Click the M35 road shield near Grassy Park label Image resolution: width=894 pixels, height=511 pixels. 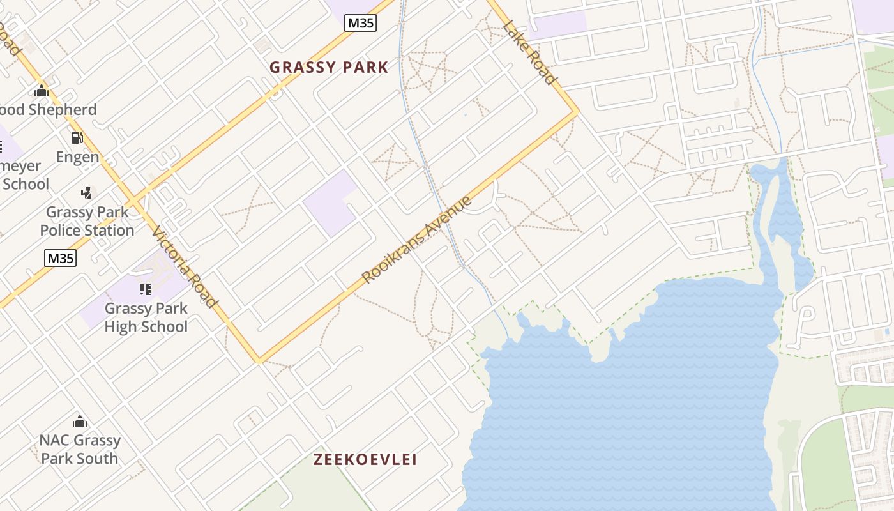[360, 24]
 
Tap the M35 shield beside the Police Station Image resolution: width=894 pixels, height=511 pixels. [60, 258]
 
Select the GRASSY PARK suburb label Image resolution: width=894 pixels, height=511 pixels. [329, 67]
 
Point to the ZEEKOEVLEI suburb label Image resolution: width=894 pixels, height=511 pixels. [365, 459]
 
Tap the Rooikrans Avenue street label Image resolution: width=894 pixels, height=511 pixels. [416, 240]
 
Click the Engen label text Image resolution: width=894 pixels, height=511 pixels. [77, 157]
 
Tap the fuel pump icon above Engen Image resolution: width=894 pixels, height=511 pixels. [77, 138]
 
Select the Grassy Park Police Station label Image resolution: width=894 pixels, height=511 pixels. [87, 221]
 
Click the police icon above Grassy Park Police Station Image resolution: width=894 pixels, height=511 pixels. [87, 192]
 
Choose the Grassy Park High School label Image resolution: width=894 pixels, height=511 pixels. [146, 317]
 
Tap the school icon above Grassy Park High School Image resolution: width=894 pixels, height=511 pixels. [146, 289]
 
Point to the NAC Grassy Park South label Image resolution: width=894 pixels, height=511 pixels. [80, 449]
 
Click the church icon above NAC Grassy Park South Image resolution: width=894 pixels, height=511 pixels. [80, 422]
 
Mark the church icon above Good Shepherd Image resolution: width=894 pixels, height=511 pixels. [42, 91]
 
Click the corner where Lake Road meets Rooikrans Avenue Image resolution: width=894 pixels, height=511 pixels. [577, 112]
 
